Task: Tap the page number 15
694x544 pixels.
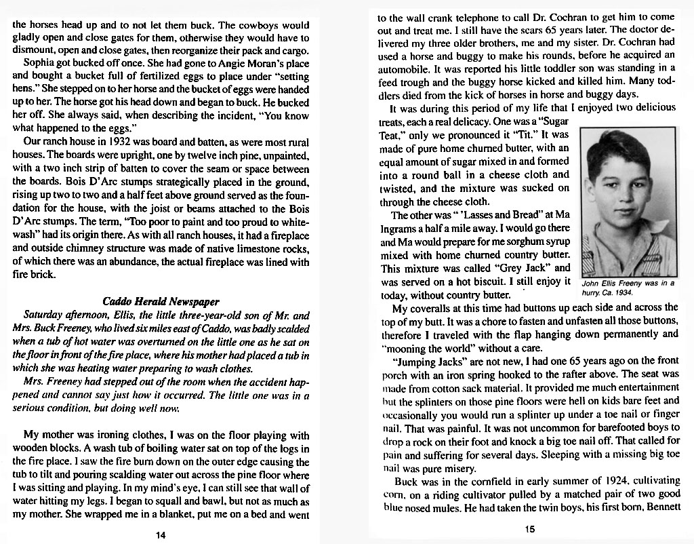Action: point(530,530)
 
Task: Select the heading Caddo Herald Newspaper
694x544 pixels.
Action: point(161,301)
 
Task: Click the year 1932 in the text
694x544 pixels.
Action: point(106,142)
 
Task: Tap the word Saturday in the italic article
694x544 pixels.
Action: point(43,315)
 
